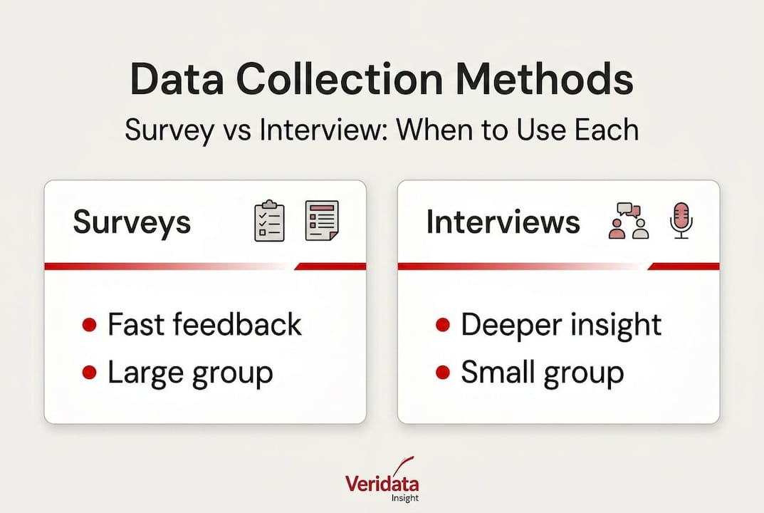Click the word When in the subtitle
[x=434, y=130]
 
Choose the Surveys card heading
[x=132, y=222]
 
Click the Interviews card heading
[x=503, y=222]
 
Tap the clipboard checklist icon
[x=269, y=222]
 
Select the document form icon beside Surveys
[x=321, y=219]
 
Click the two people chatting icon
[x=629, y=221]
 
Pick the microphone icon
[x=681, y=220]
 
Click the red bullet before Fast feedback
[x=90, y=326]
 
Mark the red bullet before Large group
[x=90, y=372]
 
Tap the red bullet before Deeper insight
[x=442, y=326]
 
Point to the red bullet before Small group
[x=442, y=372]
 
